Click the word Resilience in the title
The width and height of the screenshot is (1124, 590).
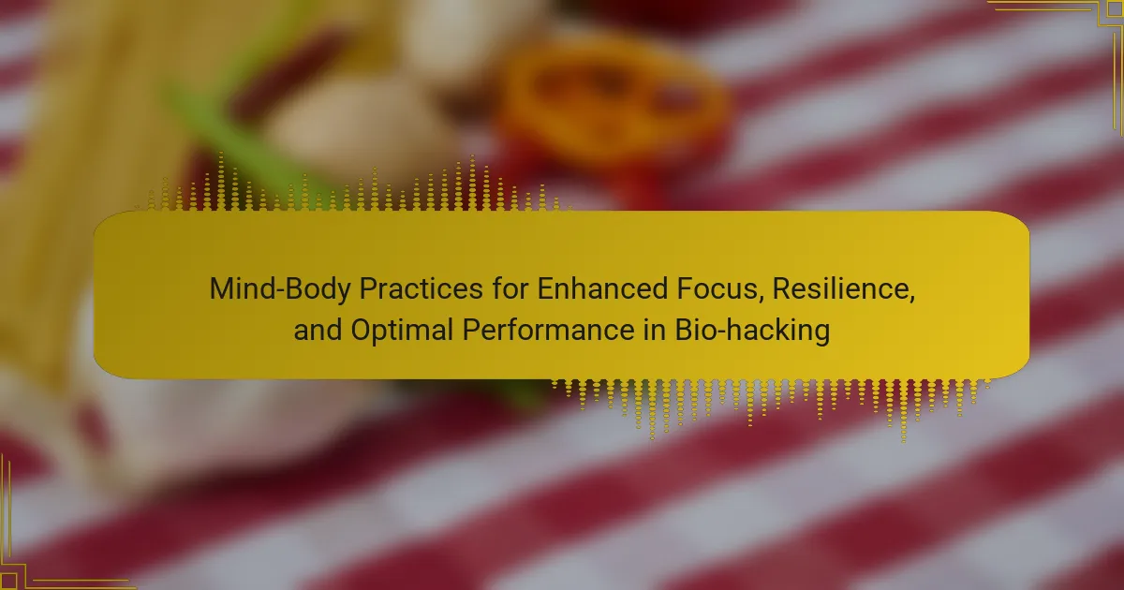point(839,288)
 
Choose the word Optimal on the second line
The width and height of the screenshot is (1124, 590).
point(402,331)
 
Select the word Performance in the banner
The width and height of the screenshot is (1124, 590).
point(549,330)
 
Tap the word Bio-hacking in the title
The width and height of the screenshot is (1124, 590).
point(752,331)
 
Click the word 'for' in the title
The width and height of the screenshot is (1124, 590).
point(510,288)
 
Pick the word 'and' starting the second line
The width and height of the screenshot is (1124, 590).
point(318,330)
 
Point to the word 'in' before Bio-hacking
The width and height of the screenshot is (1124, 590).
point(655,330)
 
